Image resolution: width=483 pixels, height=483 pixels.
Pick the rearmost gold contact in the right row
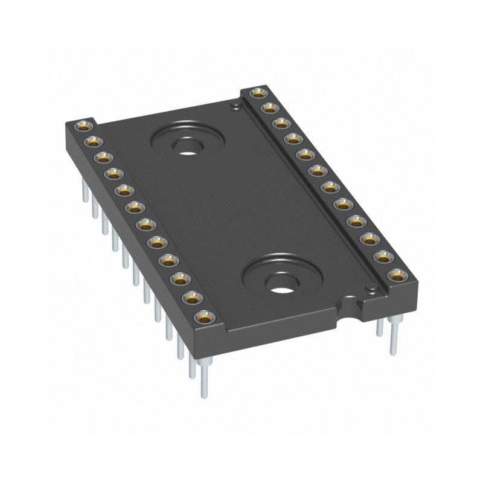(258, 94)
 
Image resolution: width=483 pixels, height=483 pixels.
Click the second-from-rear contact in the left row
(92, 142)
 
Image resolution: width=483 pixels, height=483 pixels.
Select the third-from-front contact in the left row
(181, 280)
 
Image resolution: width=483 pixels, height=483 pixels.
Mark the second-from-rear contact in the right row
(269, 108)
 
